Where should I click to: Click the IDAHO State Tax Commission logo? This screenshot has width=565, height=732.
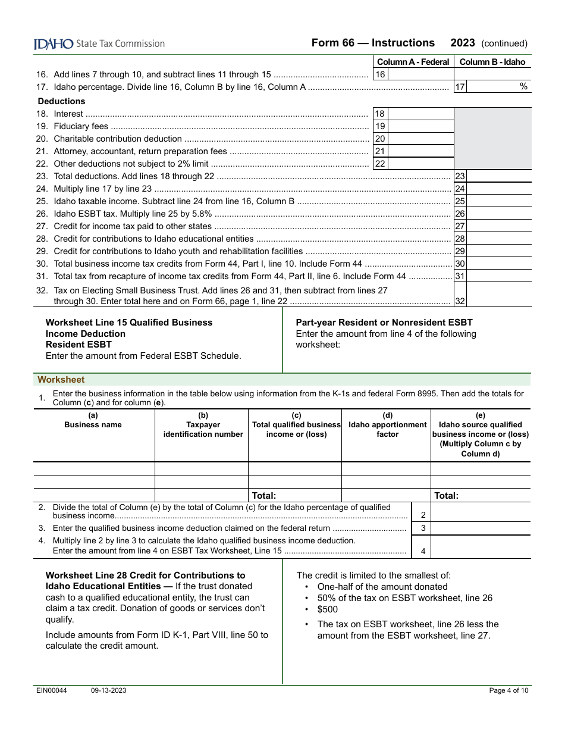coord(99,43)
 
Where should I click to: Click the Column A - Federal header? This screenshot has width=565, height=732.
coord(413,62)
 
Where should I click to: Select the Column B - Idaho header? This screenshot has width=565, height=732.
coord(492,62)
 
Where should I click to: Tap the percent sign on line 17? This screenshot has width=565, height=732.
coord(523,87)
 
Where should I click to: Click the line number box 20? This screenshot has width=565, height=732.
coord(380,139)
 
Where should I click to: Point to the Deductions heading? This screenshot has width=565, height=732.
coord(61,101)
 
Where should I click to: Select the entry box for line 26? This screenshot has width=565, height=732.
coord(499,214)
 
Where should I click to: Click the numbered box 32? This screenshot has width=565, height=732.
coord(460,301)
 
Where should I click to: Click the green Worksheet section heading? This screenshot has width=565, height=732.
coord(61,380)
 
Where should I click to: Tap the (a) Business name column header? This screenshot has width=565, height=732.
coord(93,420)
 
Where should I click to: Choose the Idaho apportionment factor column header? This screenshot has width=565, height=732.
coord(387,425)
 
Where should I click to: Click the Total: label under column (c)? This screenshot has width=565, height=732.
coord(264,495)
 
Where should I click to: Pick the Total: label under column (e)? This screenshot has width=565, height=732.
coord(447,495)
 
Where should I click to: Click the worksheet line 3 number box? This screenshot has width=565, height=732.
coord(423,528)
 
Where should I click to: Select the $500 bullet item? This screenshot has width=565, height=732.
coord(328,609)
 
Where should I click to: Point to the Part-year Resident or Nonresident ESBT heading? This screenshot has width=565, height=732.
coord(384,323)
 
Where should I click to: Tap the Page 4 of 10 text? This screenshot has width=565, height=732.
coord(508,690)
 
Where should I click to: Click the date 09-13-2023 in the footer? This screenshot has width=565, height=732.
coord(108,690)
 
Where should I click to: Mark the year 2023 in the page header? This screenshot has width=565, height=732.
coord(463,43)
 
